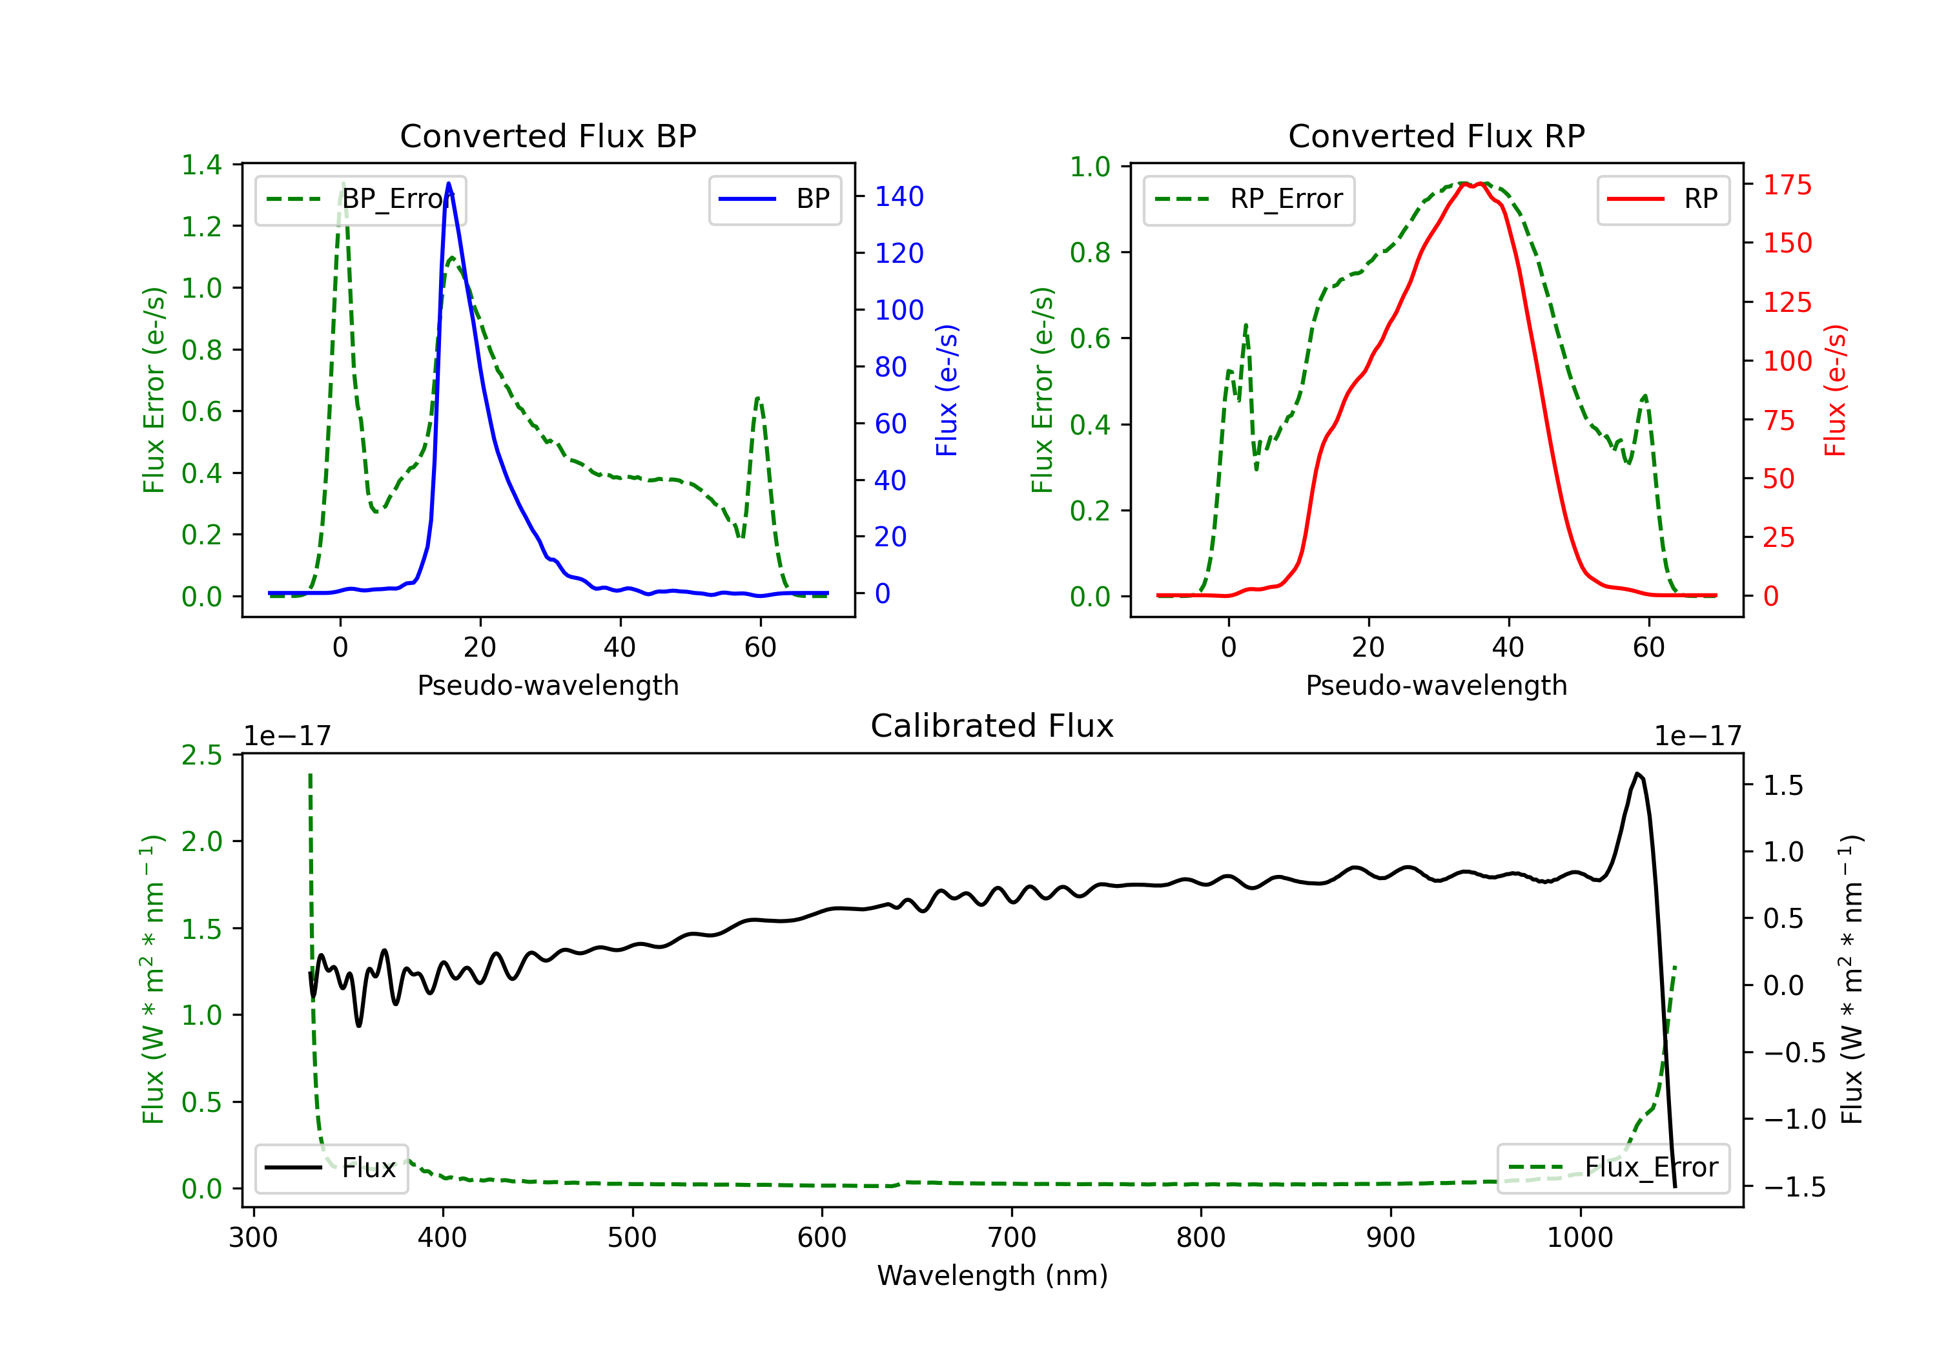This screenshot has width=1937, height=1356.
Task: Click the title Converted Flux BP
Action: pyautogui.click(x=548, y=136)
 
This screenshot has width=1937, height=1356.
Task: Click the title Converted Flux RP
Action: pyautogui.click(x=1436, y=136)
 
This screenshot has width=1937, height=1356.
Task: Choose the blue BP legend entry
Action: pyautogui.click(x=774, y=199)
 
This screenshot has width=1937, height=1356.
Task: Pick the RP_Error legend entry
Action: pyautogui.click(x=1249, y=199)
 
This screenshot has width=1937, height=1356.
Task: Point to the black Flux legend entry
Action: pyautogui.click(x=332, y=1168)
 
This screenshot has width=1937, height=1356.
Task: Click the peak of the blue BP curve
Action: pyautogui.click(x=448, y=183)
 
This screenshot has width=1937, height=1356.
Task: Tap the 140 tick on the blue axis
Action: pyautogui.click(x=899, y=196)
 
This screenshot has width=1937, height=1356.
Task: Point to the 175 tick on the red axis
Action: pyautogui.click(x=1787, y=185)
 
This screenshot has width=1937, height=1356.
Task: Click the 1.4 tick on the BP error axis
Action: pyautogui.click(x=201, y=165)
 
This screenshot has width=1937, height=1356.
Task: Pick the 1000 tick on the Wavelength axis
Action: pyautogui.click(x=1579, y=1237)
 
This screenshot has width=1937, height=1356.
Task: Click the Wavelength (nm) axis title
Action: pyautogui.click(x=992, y=1275)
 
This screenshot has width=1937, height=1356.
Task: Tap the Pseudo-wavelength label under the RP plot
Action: pyautogui.click(x=1436, y=685)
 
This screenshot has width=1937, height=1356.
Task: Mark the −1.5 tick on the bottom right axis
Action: pyautogui.click(x=1794, y=1187)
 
